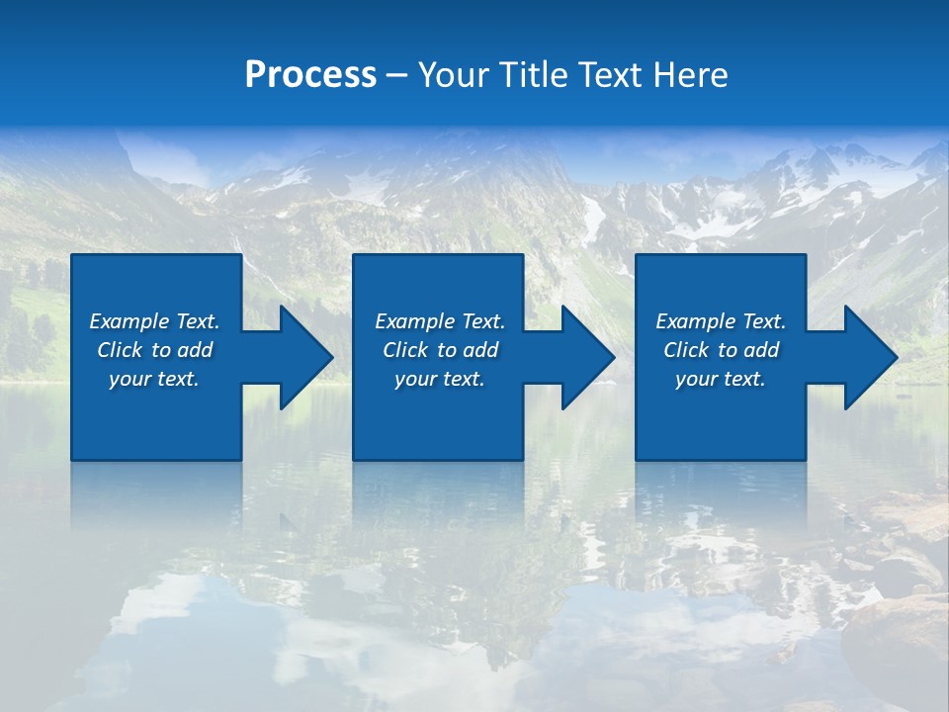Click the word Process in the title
[x=310, y=75]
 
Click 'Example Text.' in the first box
[x=154, y=321]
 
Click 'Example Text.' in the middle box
[x=440, y=321]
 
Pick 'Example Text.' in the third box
[x=721, y=321]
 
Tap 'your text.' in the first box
[x=154, y=379]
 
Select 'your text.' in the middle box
[x=440, y=379]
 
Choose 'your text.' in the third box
[x=721, y=379]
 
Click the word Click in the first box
[x=121, y=350]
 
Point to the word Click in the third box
[x=687, y=350]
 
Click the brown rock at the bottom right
[x=895, y=633]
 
